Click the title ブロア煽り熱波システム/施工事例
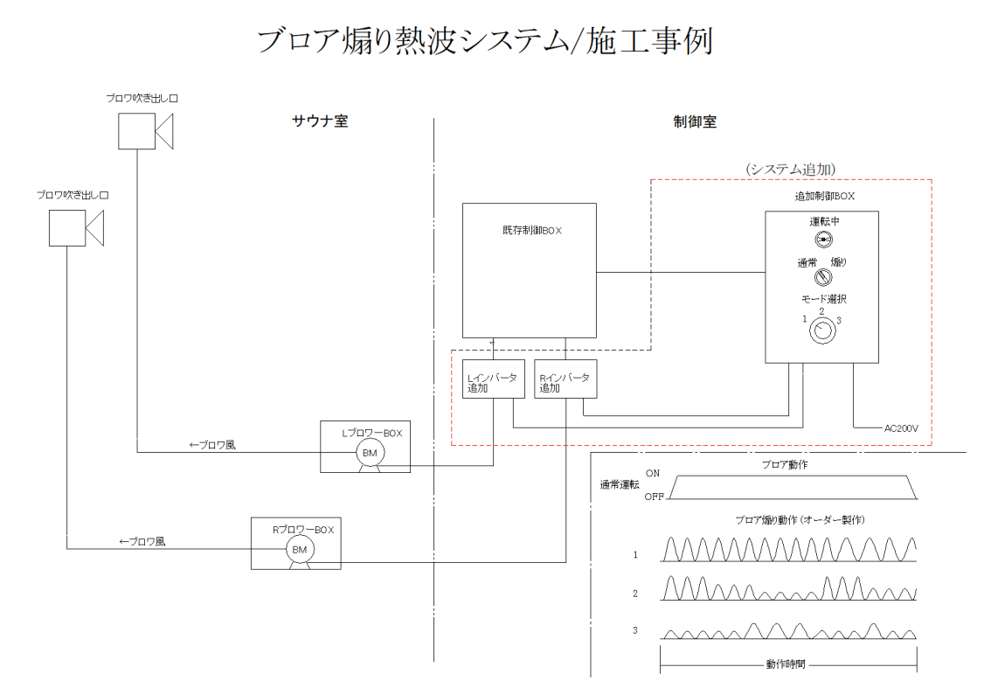click(x=486, y=40)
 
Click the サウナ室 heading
click(x=319, y=122)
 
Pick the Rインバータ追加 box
click(x=565, y=379)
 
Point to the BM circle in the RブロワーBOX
click(x=300, y=548)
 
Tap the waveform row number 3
click(x=636, y=630)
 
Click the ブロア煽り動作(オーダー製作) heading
click(x=788, y=520)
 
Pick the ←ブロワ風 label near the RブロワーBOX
click(x=142, y=541)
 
